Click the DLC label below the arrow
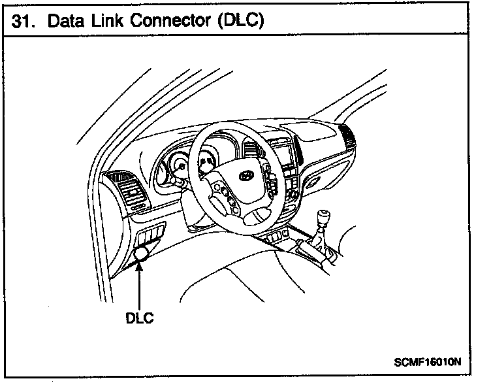(139, 319)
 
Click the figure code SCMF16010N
(428, 360)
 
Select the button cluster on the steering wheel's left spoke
(223, 197)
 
